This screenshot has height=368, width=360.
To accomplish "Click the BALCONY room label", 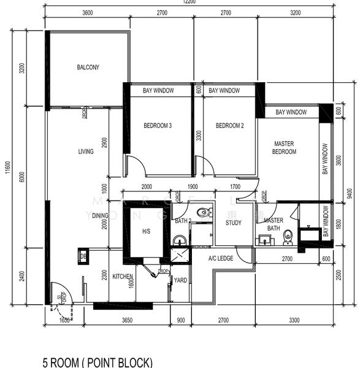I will click(x=88, y=67).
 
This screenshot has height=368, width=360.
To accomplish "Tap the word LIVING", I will click(x=86, y=151).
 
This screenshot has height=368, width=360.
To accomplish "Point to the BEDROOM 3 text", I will click(x=158, y=126).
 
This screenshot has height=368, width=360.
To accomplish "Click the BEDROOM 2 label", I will click(x=230, y=126).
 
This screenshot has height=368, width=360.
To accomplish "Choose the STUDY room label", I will click(x=233, y=223).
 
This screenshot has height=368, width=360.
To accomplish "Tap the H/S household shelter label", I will click(x=146, y=231).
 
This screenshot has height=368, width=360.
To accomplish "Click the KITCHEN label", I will click(x=123, y=277).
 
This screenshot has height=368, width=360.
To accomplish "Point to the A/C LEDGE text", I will click(x=221, y=259).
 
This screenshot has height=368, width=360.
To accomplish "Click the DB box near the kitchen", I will click(x=83, y=256).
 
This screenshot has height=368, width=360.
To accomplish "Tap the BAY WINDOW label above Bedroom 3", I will click(x=158, y=91).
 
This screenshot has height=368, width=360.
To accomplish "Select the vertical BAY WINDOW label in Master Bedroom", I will click(x=325, y=159).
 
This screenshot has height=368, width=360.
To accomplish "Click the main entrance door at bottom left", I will click(x=61, y=294).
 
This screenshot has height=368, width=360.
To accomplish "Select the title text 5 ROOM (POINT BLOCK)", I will click(x=97, y=362).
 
